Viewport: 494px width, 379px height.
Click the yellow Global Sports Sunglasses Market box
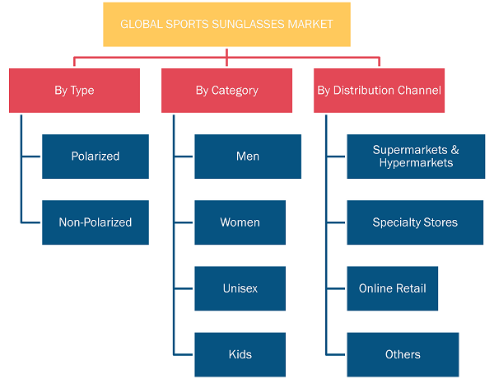[x=227, y=25]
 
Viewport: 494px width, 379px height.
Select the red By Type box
[x=74, y=91]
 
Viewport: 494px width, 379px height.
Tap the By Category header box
[x=227, y=91]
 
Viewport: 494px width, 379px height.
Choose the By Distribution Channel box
[x=379, y=91]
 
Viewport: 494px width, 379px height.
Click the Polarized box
[x=96, y=157]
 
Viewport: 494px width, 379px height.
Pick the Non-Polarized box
[x=96, y=222]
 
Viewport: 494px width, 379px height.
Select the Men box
[x=248, y=157]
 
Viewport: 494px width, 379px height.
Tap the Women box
[x=240, y=222]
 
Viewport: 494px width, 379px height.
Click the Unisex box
[x=240, y=288]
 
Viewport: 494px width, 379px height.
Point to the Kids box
[x=240, y=354]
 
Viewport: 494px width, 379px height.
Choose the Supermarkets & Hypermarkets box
[x=416, y=157]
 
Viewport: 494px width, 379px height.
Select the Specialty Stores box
[x=415, y=222]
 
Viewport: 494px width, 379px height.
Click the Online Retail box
[x=393, y=288]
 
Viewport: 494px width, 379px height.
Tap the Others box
[x=403, y=354]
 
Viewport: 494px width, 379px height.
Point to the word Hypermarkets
[x=416, y=163]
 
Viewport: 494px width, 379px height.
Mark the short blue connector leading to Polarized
[x=31, y=157]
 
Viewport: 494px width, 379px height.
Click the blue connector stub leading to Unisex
[x=184, y=288]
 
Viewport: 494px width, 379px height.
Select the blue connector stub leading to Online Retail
[x=336, y=288]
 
